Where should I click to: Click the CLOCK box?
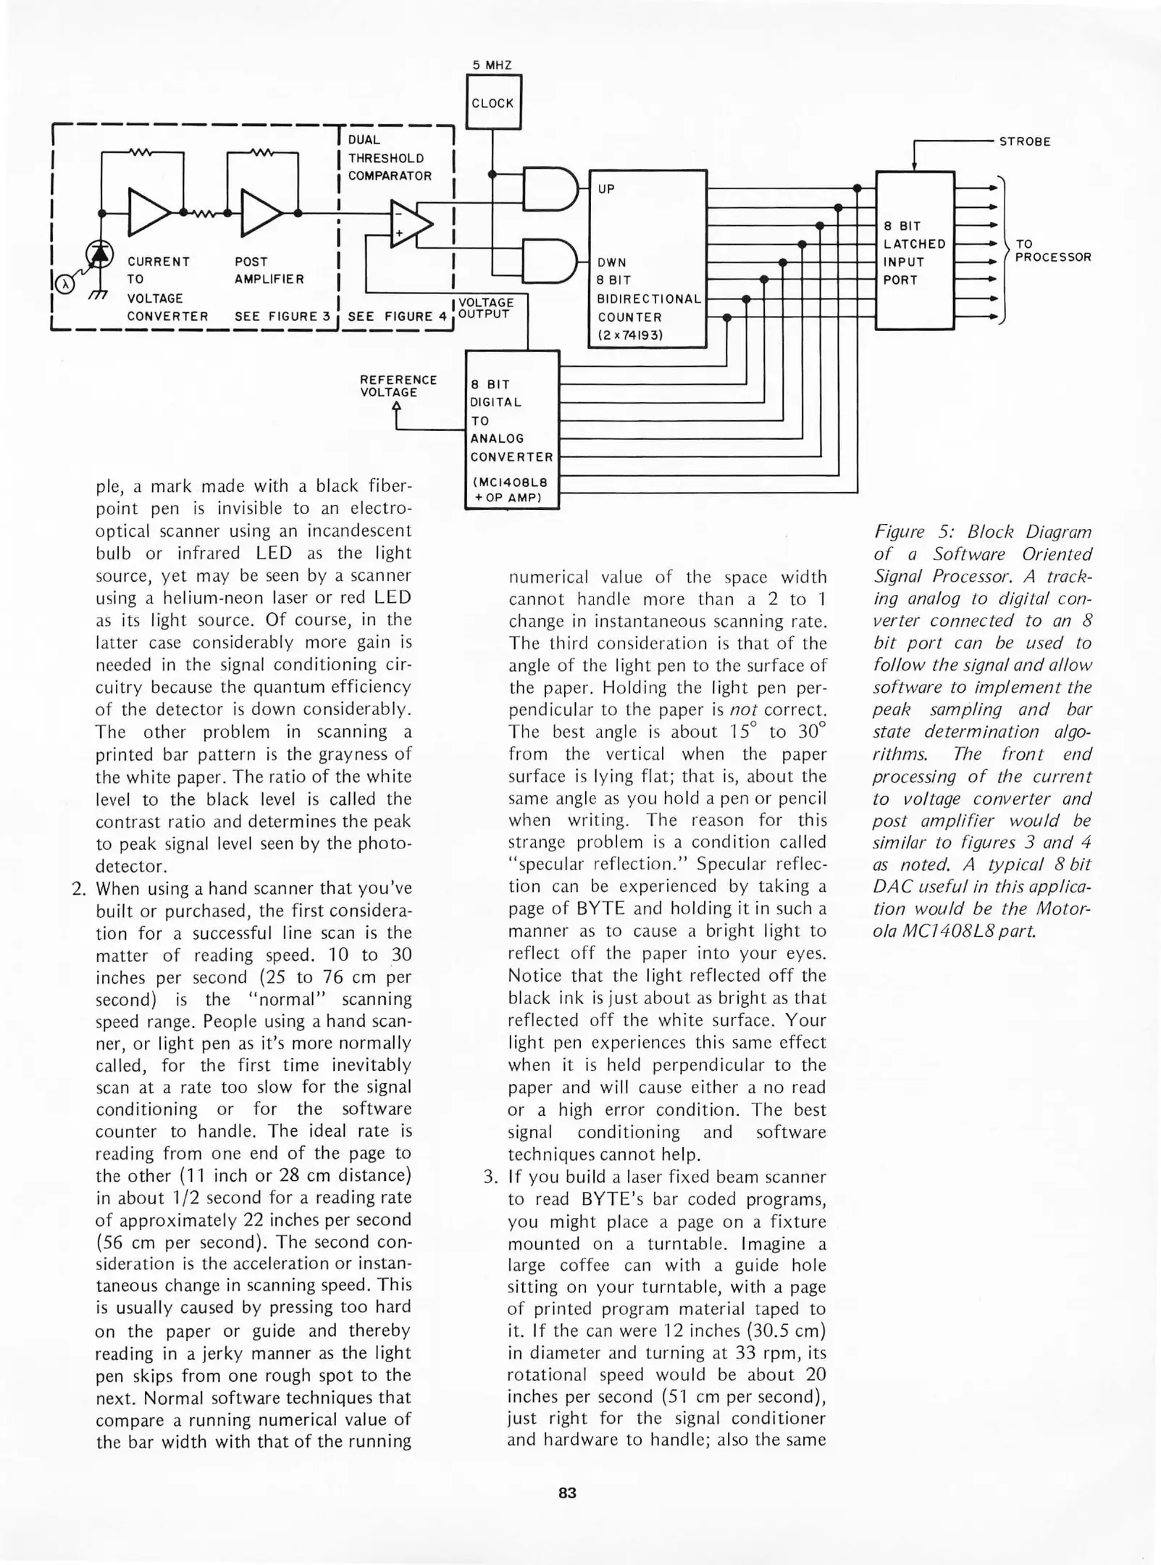coord(493,103)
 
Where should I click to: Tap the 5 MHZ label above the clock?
coord(492,65)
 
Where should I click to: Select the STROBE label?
coord(1024,142)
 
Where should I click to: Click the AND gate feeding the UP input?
coord(550,189)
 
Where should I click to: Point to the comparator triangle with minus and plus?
coord(408,225)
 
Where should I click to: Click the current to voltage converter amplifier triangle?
coord(148,212)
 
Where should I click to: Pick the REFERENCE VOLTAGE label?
coord(398,386)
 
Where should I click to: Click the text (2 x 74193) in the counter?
coord(630,335)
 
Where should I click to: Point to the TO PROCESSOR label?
coord(1052,251)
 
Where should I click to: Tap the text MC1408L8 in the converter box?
coord(511,483)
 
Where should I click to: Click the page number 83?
coord(567,1493)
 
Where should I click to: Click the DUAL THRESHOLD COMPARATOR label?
coord(390,158)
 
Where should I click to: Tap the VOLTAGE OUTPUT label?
coord(486,308)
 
